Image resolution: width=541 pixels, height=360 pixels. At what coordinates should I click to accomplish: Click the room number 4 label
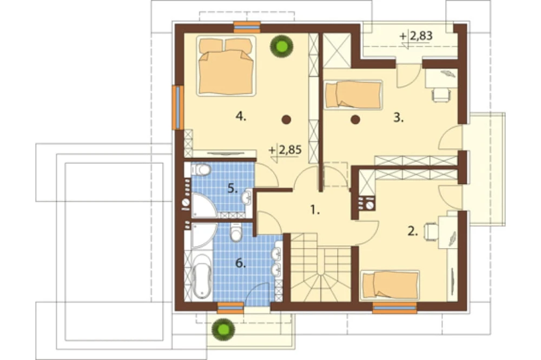click(241, 117)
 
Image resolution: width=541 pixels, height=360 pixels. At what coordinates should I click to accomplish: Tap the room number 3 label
click(399, 118)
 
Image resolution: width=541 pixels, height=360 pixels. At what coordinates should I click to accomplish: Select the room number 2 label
click(413, 231)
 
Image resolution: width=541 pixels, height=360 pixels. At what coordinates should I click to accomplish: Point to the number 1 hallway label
click(315, 209)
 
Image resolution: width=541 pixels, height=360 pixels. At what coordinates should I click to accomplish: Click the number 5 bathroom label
click(233, 189)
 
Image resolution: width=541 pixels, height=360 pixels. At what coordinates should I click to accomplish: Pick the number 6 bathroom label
click(241, 263)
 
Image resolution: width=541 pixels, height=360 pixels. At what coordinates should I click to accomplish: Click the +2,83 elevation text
click(415, 36)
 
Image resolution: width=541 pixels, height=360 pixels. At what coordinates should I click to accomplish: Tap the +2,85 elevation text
click(285, 150)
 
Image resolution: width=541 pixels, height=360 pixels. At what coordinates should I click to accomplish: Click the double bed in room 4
click(226, 65)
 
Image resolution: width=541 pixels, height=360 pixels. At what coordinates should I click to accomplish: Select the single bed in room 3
click(353, 95)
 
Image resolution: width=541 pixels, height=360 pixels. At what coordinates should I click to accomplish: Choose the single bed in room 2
click(390, 284)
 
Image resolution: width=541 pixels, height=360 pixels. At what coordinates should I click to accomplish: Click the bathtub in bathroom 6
click(202, 276)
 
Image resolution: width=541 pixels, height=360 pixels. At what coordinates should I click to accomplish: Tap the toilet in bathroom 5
click(201, 170)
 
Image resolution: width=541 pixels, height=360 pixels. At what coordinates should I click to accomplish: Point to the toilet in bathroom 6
click(236, 231)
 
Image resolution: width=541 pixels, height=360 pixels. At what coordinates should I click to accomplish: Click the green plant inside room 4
click(281, 46)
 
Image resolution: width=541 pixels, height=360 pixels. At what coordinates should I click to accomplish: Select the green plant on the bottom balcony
click(223, 328)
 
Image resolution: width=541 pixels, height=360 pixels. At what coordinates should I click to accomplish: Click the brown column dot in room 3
click(355, 119)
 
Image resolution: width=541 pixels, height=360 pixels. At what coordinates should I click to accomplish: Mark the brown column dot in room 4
click(286, 119)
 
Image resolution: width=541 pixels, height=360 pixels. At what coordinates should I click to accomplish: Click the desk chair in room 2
click(431, 231)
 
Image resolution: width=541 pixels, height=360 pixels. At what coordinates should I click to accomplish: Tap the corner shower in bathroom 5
click(203, 205)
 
